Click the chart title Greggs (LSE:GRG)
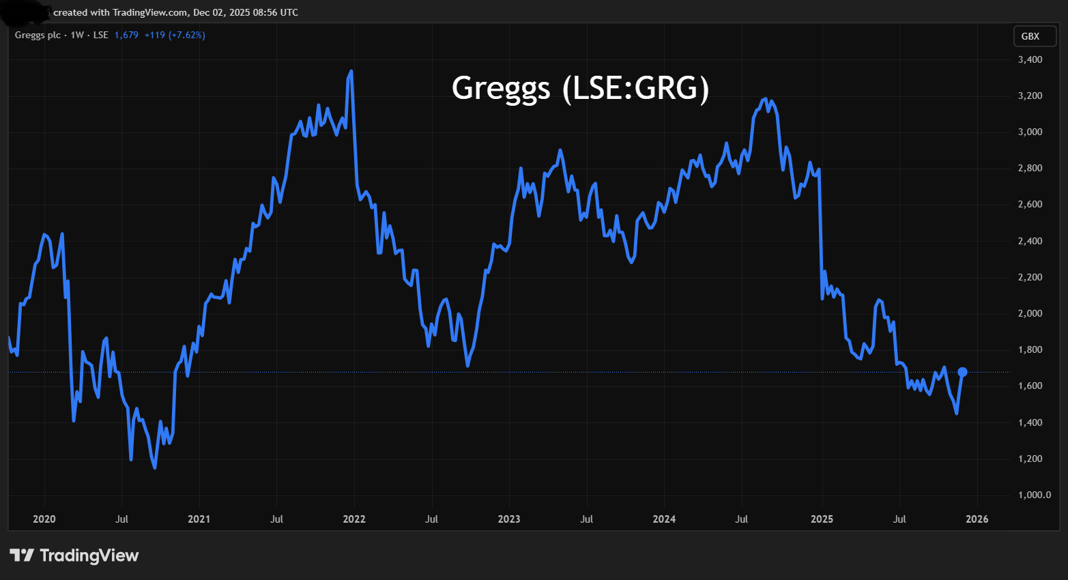[x=580, y=88]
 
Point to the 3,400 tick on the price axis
[x=1030, y=59]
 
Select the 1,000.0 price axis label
[x=1035, y=495]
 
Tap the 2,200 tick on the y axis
[x=1030, y=277]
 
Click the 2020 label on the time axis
[x=44, y=519]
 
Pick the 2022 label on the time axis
[x=354, y=519]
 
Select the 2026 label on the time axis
[x=977, y=519]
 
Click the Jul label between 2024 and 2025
[x=741, y=519]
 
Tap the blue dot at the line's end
[x=962, y=372]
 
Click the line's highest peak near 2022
[x=351, y=71]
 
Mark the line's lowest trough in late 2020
[x=155, y=467]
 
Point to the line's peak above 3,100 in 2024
[x=765, y=100]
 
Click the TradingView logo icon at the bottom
[x=22, y=555]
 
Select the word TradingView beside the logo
[x=89, y=555]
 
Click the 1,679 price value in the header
[x=126, y=35]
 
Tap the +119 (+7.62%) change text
[x=175, y=35]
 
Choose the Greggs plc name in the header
[x=38, y=35]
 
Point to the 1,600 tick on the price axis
[x=1030, y=386]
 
